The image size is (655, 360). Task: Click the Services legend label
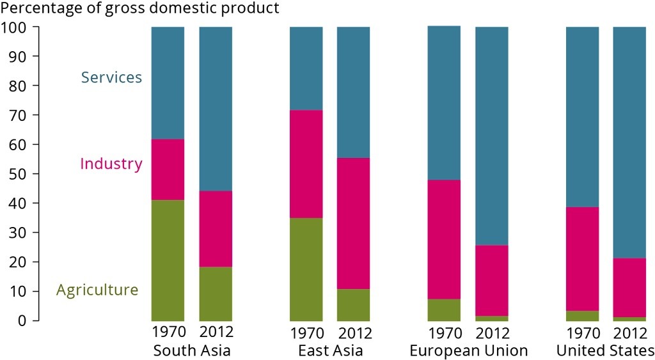111,77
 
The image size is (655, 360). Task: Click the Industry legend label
111,164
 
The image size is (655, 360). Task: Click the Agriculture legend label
97,290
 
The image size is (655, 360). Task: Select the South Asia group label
192,350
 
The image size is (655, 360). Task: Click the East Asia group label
330,350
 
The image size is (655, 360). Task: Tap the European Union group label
468,350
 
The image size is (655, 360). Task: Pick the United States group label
605,350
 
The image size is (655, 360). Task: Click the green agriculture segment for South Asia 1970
168,260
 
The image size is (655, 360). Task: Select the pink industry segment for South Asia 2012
216,228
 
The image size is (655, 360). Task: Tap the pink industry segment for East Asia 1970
306,164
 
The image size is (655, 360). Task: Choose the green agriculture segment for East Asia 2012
353,304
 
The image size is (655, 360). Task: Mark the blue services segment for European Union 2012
491,136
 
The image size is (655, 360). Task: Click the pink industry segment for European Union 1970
444,239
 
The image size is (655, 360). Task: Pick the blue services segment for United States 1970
582,116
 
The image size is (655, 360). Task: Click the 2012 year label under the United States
629,333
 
